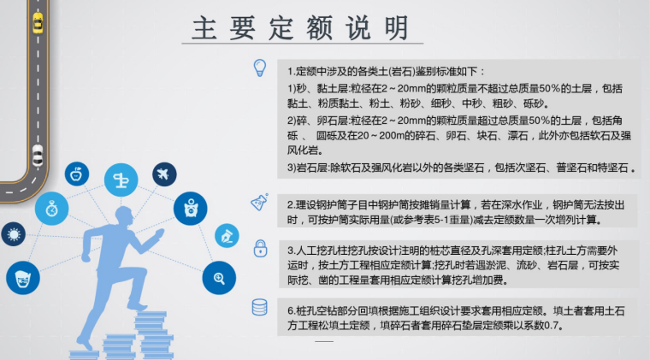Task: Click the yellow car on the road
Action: (37, 23)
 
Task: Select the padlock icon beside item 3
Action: (258, 248)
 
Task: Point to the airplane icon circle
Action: (162, 174)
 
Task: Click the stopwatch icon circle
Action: (52, 207)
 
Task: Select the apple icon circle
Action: (76, 174)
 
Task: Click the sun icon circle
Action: (12, 233)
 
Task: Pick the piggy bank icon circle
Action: (190, 208)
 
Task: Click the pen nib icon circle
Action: (227, 233)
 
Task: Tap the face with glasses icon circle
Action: (22, 277)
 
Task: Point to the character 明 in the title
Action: (394, 30)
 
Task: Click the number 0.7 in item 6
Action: (556, 326)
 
